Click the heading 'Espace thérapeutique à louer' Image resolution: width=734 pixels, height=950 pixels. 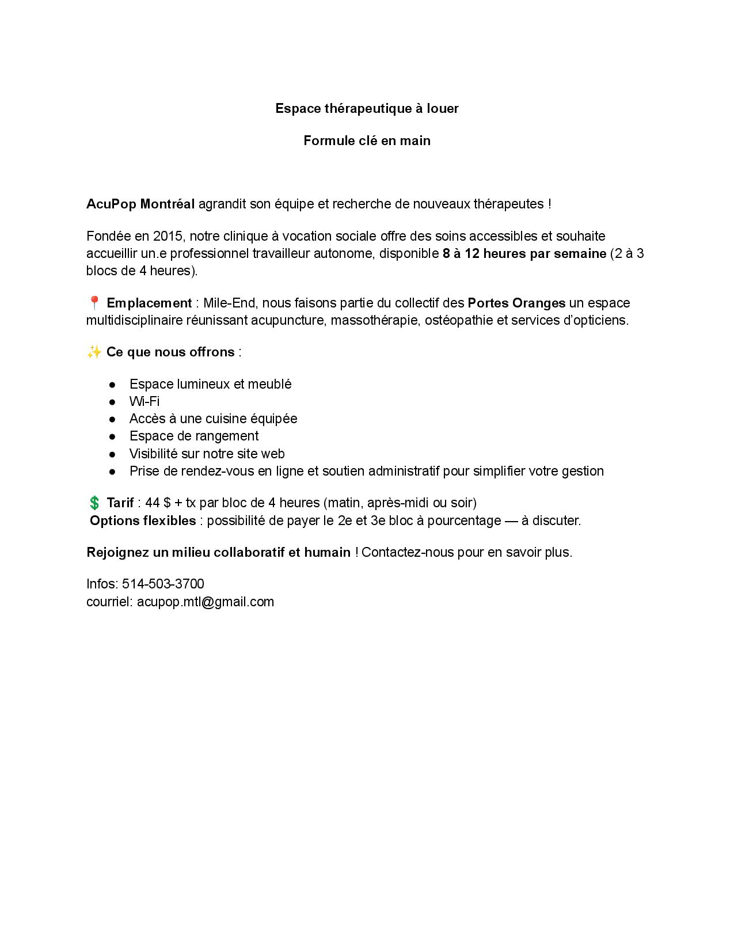coord(367,108)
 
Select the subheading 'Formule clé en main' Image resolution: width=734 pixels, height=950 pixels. coord(367,140)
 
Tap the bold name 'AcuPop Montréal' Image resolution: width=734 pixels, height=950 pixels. coord(140,204)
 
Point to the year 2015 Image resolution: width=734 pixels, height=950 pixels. coord(168,236)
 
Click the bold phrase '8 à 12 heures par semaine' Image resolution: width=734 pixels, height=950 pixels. coord(524,253)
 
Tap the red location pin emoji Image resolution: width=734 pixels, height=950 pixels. coord(94,303)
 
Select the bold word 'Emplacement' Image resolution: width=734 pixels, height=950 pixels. coord(149,303)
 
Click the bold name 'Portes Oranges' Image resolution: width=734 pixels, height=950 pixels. coord(516,303)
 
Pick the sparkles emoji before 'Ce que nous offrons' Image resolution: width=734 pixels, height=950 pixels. coord(94,352)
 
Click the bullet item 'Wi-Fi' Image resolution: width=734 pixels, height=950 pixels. coord(144,401)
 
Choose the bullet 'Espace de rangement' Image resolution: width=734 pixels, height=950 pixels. coord(194,436)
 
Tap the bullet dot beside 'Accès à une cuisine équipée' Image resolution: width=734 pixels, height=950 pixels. coord(113,419)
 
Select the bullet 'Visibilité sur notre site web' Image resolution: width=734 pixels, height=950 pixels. coord(207,454)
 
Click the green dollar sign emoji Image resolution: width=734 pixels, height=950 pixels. coord(94,503)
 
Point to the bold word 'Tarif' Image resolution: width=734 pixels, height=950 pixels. coord(120,503)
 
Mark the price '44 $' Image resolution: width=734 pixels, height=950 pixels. coord(158,503)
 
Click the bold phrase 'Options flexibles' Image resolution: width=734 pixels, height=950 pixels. coord(143,520)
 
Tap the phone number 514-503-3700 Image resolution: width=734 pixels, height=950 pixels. coord(163,584)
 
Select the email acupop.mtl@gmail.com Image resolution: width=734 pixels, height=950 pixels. coord(206,602)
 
